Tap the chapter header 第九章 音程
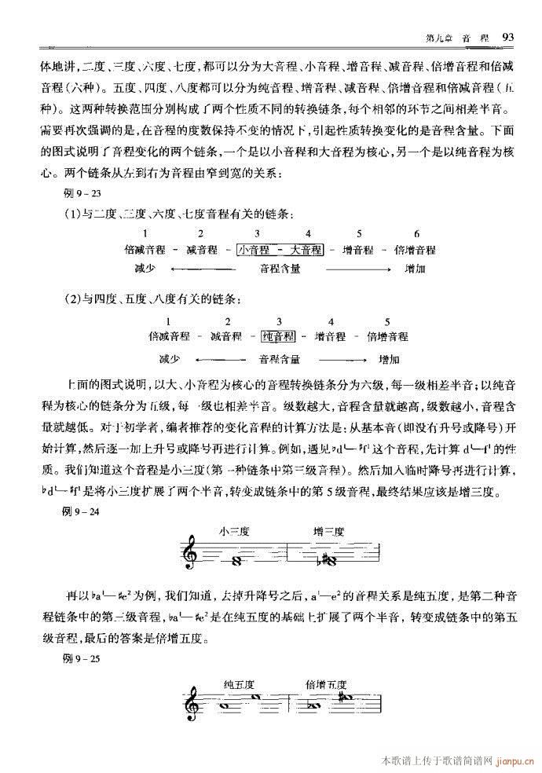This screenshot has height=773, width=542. tap(457, 37)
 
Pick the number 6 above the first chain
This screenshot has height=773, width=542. tap(416, 233)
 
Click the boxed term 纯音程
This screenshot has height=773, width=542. tap(278, 337)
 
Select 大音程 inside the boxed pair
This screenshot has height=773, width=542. tap(306, 250)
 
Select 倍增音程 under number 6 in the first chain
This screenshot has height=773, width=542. tap(415, 250)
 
